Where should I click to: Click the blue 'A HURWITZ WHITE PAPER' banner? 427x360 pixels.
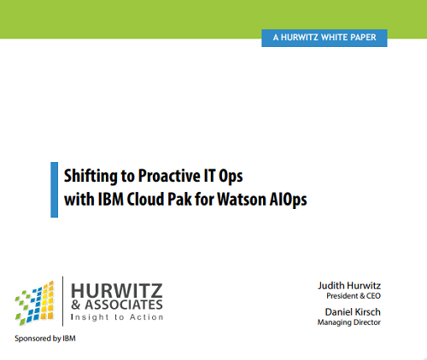click(x=325, y=38)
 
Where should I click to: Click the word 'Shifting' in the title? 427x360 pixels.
click(x=91, y=177)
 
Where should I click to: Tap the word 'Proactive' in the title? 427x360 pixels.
click(x=168, y=176)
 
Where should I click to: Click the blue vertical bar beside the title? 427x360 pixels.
click(x=54, y=189)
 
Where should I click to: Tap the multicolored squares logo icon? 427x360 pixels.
click(x=34, y=303)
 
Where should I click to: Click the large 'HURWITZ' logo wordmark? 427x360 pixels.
click(x=117, y=291)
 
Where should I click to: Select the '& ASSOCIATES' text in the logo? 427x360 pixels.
click(x=117, y=305)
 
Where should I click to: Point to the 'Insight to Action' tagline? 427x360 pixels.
click(x=117, y=317)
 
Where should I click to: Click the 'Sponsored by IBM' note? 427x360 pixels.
click(x=45, y=339)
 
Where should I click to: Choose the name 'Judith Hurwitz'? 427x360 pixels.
click(x=349, y=286)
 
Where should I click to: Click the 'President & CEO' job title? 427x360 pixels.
click(x=354, y=296)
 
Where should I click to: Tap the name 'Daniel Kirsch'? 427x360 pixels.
click(x=353, y=312)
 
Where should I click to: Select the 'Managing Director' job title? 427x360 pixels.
click(x=349, y=322)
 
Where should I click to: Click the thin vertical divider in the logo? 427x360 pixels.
click(x=62, y=301)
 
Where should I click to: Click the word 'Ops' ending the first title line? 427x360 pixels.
click(x=231, y=177)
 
